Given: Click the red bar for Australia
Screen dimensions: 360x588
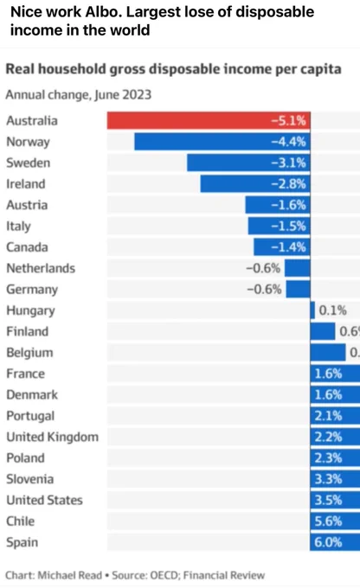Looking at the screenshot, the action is coord(209,121).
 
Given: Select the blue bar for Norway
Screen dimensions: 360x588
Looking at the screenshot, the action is coord(222,142).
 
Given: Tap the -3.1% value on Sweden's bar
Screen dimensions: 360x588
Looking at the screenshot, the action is coord(288,163).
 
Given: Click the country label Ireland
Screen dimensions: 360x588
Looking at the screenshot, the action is coord(25,184).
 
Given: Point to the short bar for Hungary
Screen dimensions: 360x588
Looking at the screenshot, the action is coord(312,310).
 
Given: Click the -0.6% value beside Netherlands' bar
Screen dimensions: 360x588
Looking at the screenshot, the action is coord(263,269).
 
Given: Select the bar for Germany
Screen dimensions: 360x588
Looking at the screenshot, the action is coord(298,290).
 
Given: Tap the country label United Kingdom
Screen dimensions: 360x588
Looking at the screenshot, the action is coord(53,438).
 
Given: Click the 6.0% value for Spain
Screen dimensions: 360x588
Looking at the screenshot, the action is coord(328,543).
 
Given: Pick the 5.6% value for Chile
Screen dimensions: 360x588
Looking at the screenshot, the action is coord(328,521).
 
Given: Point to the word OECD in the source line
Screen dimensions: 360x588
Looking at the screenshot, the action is coord(164,575).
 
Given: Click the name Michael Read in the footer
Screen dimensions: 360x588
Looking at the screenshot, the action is coord(70,575).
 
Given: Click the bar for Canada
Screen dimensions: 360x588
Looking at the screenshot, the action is coord(282,247).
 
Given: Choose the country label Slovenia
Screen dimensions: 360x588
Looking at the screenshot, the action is coord(30,479).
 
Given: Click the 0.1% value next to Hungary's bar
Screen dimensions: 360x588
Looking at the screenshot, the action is coord(332,310).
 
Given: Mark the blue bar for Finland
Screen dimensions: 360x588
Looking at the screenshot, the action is coord(323,331).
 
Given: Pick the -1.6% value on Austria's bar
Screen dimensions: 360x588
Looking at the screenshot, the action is coord(288,205).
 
